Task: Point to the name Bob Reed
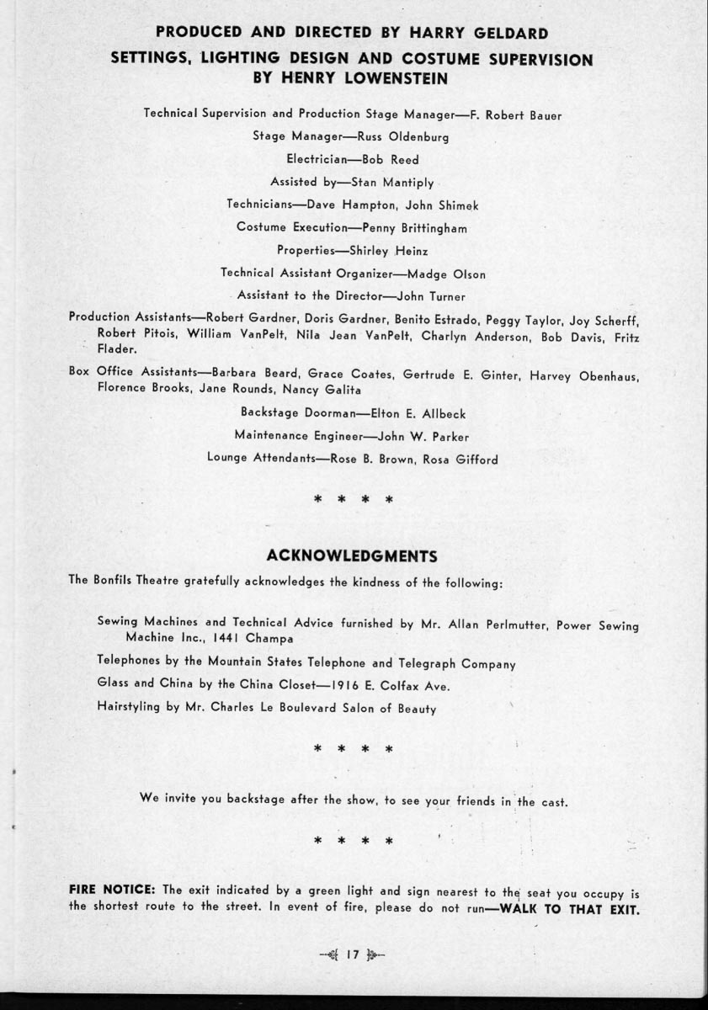(x=391, y=159)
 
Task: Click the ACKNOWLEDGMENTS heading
(x=352, y=556)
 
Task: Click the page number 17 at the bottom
(x=353, y=954)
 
